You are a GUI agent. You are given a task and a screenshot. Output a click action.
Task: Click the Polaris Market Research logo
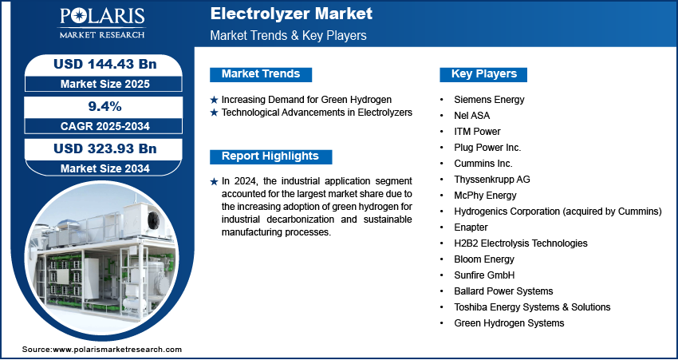point(102,23)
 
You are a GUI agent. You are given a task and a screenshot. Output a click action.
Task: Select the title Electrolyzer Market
point(291,14)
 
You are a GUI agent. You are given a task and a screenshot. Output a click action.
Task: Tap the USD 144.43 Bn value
point(104,64)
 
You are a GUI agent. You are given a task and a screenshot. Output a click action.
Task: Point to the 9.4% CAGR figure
point(105,106)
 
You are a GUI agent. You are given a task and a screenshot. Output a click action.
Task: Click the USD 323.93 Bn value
point(104,148)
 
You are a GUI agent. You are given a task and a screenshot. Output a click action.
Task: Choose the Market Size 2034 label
point(105,168)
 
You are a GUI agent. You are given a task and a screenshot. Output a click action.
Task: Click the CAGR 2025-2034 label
point(105,126)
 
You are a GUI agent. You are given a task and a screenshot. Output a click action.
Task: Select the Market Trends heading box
point(261,74)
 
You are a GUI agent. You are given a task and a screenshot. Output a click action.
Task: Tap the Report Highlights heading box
point(270,156)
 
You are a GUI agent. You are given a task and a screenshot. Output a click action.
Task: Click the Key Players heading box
point(483,74)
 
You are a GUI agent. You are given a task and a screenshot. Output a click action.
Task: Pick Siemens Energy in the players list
point(489,100)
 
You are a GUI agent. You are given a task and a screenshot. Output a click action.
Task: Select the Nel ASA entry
point(471,116)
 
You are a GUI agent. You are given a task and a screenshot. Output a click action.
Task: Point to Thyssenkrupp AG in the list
point(491,179)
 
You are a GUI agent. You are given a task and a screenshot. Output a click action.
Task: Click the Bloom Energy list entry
point(484,259)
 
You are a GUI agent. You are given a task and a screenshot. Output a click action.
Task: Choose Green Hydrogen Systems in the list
point(509,322)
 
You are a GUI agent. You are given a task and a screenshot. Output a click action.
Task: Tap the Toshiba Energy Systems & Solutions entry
point(532,307)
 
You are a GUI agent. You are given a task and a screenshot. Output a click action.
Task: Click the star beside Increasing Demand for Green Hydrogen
point(214,100)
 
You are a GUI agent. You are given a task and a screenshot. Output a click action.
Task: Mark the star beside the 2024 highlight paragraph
point(214,182)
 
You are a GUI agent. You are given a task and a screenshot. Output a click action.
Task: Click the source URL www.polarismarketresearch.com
point(117,349)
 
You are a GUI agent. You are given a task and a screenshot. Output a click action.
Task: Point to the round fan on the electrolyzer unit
point(153,220)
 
